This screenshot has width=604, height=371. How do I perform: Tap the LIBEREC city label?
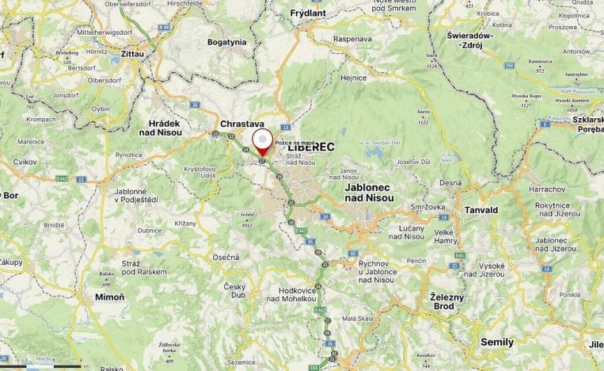pos(311,147)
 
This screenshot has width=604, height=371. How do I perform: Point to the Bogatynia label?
pos(227,42)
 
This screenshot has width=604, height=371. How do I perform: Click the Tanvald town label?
pos(481,210)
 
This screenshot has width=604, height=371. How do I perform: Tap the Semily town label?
pos(497,342)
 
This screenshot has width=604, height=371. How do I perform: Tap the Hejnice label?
pos(353,78)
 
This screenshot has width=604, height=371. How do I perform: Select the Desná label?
pos(450,182)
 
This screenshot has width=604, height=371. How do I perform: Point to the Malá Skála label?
pos(358,319)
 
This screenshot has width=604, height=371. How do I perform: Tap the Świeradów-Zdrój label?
pos(470,40)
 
